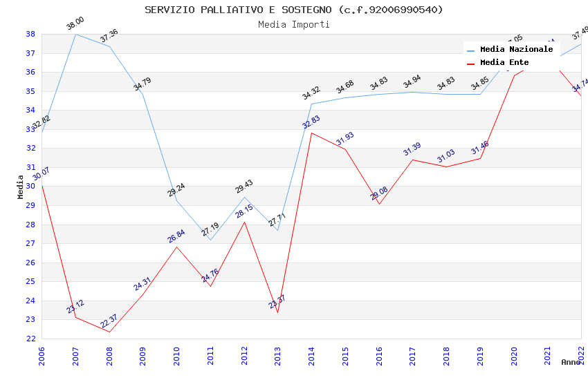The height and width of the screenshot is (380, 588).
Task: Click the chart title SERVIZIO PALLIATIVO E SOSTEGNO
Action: pyautogui.click(x=294, y=10)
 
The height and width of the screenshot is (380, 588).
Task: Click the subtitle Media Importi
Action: pyautogui.click(x=294, y=24)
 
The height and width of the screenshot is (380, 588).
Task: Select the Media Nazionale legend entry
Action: pyautogui.click(x=516, y=49)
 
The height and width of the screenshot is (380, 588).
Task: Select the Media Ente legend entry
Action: pyautogui.click(x=504, y=62)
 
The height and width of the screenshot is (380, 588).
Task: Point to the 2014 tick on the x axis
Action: pyautogui.click(x=311, y=355)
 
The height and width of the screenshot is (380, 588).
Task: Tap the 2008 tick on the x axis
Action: pyautogui.click(x=109, y=355)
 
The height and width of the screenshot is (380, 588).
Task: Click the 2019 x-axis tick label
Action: pyautogui.click(x=480, y=355)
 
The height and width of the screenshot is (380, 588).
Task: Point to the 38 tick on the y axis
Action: pyautogui.click(x=30, y=34)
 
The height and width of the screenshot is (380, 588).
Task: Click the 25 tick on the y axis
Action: pyautogui.click(x=30, y=281)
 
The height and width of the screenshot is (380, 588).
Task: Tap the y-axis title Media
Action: pyautogui.click(x=21, y=187)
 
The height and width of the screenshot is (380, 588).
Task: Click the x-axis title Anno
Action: pyautogui.click(x=571, y=362)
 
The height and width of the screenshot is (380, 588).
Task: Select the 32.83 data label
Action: pyautogui.click(x=311, y=122)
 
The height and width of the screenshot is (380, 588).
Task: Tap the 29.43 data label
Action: pyautogui.click(x=244, y=187)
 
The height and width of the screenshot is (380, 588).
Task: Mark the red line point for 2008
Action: pyautogui.click(x=109, y=332)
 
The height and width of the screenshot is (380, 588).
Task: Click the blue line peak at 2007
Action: pyautogui.click(x=75, y=34)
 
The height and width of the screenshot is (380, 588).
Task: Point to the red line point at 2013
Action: pyautogui.click(x=277, y=312)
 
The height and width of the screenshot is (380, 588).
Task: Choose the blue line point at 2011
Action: pyautogui.click(x=210, y=240)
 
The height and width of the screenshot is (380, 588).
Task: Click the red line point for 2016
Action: pyautogui.click(x=379, y=204)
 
